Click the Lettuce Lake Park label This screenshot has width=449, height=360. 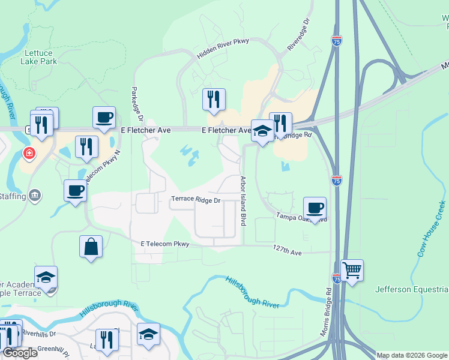[38, 57]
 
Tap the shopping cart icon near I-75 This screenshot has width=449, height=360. [352, 269]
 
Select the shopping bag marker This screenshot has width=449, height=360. [91, 247]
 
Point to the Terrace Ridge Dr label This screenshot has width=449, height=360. [196, 199]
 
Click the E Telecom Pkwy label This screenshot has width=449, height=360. [165, 244]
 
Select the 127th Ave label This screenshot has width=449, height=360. [287, 248]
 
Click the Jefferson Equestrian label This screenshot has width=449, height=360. [411, 290]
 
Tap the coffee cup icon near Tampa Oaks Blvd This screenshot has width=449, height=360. [315, 208]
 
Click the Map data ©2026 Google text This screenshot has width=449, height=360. [411, 355]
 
